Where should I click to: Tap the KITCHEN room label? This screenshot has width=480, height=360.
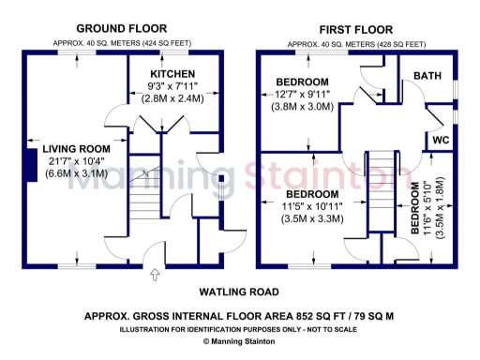click(173, 73)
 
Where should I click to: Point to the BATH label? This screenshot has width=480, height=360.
click(427, 75)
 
